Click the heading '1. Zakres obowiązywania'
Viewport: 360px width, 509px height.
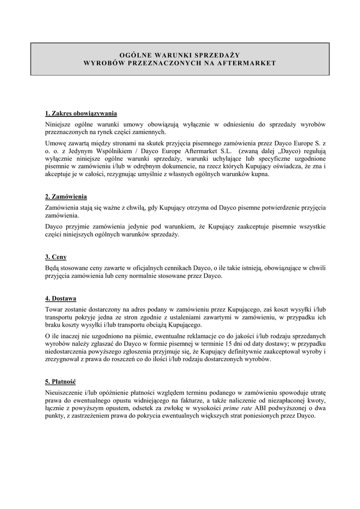click(81, 113)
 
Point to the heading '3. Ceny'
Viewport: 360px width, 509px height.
click(56, 257)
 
